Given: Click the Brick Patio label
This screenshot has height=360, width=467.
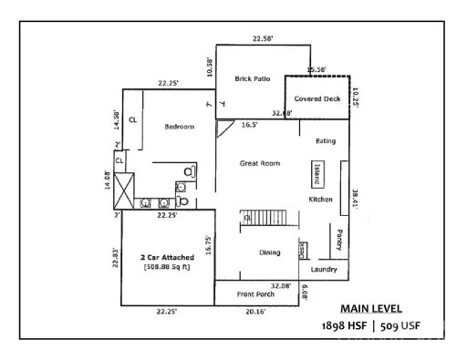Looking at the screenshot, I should click(249, 79).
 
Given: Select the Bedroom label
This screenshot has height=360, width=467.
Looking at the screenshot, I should click(180, 127).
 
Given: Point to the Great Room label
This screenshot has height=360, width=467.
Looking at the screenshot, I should click(259, 163).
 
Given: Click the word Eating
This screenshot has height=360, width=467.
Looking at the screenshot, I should click(326, 141).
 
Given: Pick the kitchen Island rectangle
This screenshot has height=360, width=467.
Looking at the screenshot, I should click(317, 172).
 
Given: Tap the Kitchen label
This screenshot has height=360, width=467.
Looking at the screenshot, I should click(320, 199).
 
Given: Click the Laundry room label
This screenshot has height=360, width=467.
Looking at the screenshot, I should click(323, 270).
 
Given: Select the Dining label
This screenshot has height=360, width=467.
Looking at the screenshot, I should click(269, 252).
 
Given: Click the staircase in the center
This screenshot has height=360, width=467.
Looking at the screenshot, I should click(270, 219).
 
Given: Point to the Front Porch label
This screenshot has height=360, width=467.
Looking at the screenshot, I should click(255, 293).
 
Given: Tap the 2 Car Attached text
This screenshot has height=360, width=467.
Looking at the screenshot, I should click(165, 259).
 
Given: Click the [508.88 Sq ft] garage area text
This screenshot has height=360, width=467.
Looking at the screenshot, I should click(165, 269).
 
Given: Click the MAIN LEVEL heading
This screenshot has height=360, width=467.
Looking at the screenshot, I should click(371, 308).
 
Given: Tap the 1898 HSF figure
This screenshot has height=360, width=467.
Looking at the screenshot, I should click(346, 325).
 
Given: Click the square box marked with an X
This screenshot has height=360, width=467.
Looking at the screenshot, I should click(121, 193).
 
